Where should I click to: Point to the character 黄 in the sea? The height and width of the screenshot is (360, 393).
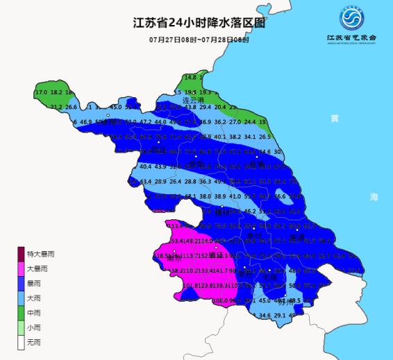335,119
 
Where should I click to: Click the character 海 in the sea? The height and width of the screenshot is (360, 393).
374,196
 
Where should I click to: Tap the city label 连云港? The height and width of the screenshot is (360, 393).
195,101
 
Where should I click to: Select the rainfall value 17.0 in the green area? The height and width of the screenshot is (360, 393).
41,92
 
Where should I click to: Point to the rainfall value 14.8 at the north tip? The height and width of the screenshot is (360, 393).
190,77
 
